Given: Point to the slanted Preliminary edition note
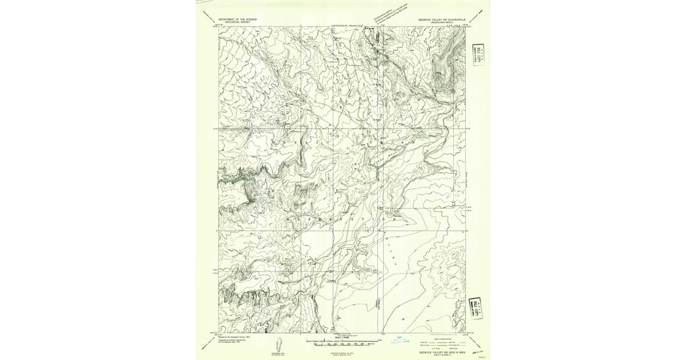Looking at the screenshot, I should pyautogui.click(x=390, y=13).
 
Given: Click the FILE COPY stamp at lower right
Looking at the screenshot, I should pyautogui.click(x=474, y=307).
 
